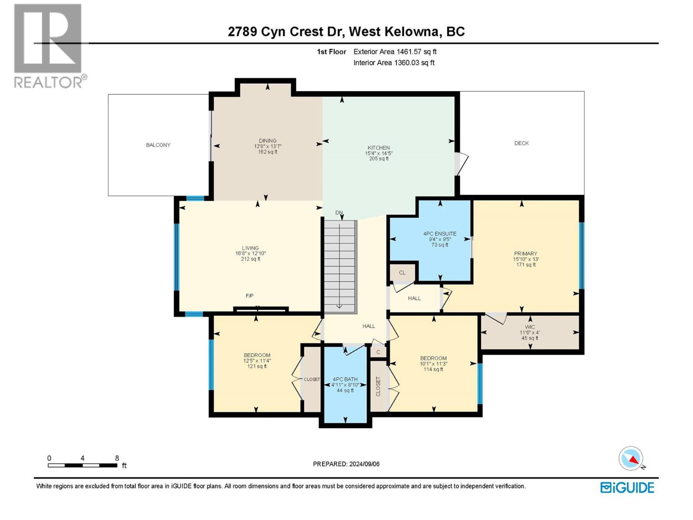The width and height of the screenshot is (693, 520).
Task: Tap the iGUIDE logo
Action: pos(627,487)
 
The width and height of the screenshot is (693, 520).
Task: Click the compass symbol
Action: pos(631,458)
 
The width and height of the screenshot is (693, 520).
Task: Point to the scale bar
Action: pos(82,465)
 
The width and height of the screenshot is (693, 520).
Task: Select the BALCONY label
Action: pos(158,145)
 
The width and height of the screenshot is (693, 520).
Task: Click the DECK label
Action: pos(521,143)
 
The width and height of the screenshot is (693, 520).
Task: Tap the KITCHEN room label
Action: pos(379,148)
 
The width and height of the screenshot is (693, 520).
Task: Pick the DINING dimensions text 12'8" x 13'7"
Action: pos(268,146)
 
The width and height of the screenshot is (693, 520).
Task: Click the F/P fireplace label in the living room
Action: pos(249,296)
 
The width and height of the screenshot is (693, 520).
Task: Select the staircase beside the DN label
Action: pos(340,266)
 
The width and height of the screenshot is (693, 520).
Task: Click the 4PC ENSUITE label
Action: pos(440,234)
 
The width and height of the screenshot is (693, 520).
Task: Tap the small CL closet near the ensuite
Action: pos(402,273)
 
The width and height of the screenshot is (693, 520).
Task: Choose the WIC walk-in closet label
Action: pos(530,327)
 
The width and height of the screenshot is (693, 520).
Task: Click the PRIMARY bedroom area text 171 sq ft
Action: pos(525,265)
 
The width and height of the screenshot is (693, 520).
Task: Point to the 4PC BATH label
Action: pos(345,379)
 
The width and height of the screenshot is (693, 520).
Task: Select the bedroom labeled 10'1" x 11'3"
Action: pos(433,364)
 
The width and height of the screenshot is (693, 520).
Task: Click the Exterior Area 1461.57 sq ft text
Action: pos(395,52)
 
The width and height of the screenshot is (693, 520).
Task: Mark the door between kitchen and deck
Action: pos(462,164)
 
